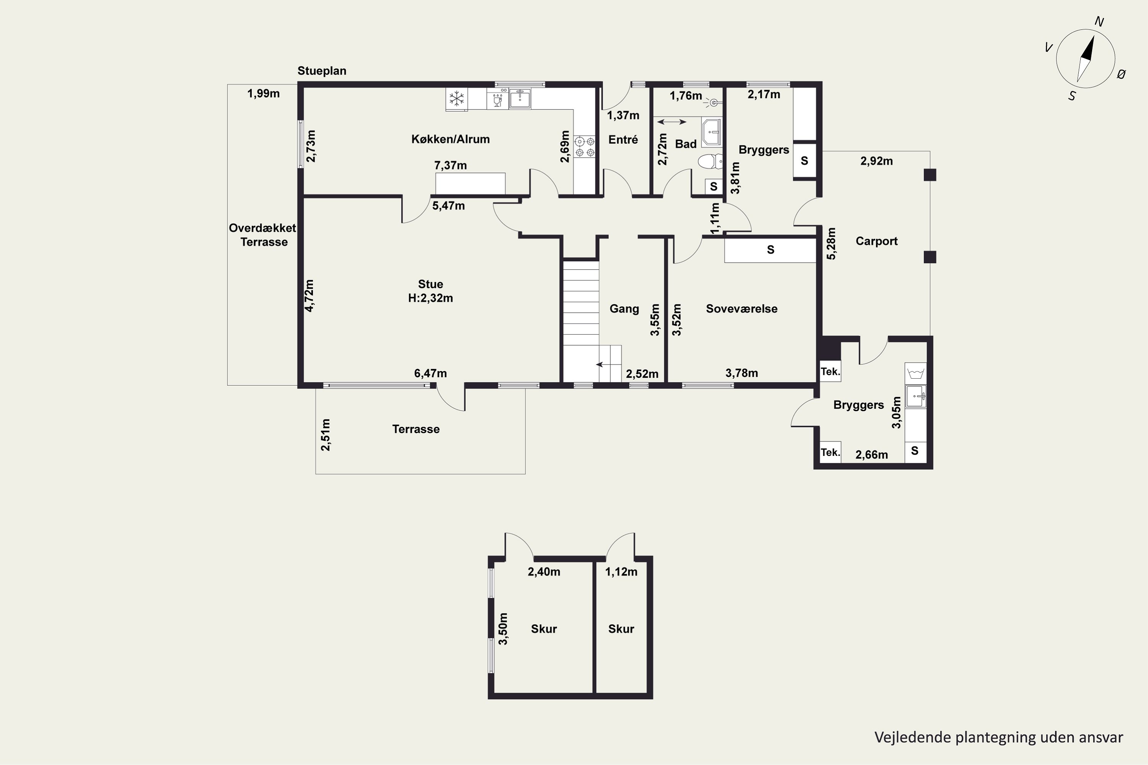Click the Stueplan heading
[x=322, y=71]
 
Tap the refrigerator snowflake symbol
[x=457, y=99]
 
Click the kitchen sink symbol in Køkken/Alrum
[x=520, y=99]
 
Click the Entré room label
[x=623, y=140]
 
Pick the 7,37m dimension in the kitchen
[x=450, y=165]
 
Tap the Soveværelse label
[x=742, y=309]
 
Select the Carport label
[x=877, y=241]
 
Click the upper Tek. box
[x=830, y=371]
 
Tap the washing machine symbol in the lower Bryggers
[x=915, y=374]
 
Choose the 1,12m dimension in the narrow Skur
[x=621, y=572]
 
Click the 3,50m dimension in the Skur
[x=503, y=629]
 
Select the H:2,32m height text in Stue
[x=430, y=298]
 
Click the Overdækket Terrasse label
[x=263, y=235]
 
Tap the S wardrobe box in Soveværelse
[x=770, y=250]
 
